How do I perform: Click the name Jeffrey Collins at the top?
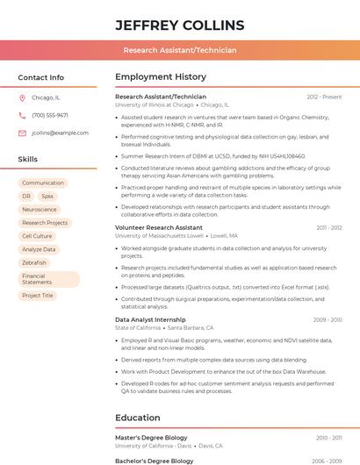[x=180, y=24]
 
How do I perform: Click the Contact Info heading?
[x=41, y=77]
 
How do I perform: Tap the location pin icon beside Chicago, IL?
[x=22, y=98]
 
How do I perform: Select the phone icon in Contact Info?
[x=22, y=115]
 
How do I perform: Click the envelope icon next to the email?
[x=22, y=132]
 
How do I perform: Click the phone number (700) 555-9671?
[x=50, y=115]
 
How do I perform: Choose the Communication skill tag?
[x=43, y=183]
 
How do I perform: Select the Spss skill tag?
[x=47, y=197]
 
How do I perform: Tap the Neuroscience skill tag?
[x=40, y=210]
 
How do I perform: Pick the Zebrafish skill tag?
[x=34, y=262]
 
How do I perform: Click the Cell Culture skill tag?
[x=37, y=236]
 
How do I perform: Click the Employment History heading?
[x=161, y=77]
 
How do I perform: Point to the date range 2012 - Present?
[x=324, y=97]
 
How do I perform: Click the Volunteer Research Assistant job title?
[x=159, y=227]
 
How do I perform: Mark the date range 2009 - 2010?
[x=327, y=320]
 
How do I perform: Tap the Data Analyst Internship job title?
[x=150, y=319]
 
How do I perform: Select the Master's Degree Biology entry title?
[x=151, y=437]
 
